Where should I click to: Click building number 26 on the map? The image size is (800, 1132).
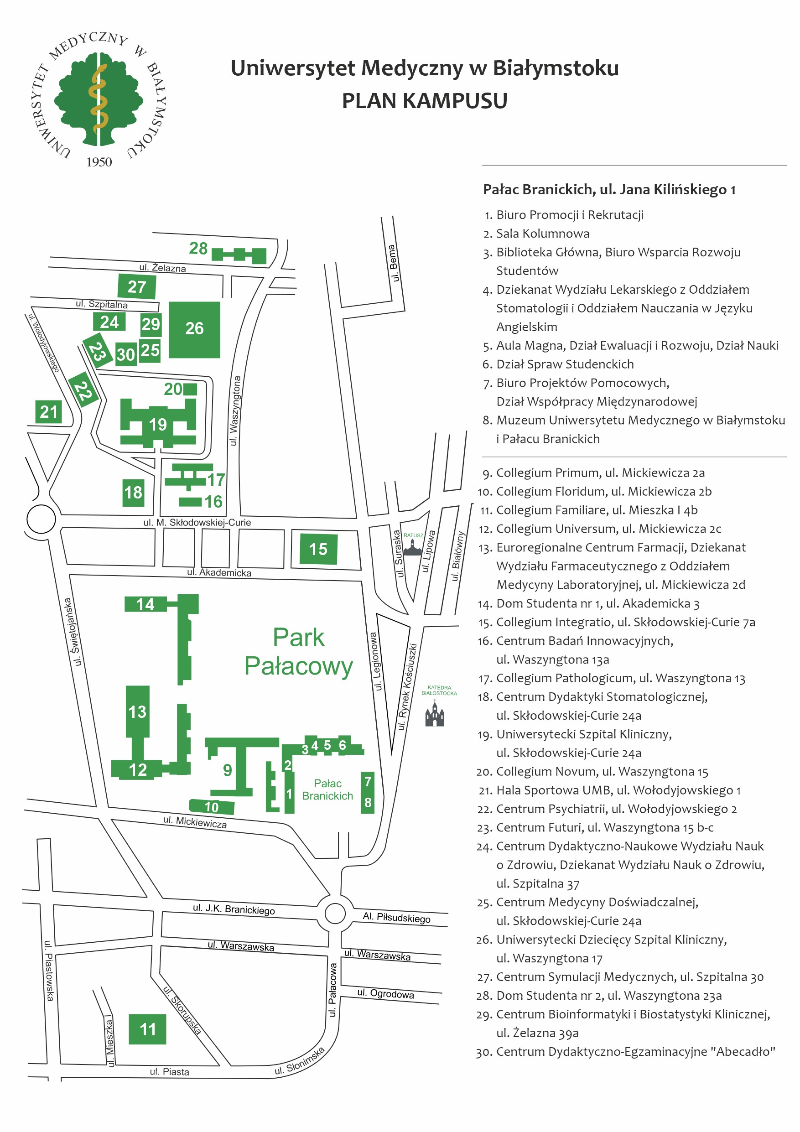coord(194,329)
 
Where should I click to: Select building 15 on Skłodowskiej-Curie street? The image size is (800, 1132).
coord(318,549)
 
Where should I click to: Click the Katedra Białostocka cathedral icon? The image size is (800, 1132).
coord(435,714)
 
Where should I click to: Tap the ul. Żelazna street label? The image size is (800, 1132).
coord(163,268)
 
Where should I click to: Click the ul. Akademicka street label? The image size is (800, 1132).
coord(219,572)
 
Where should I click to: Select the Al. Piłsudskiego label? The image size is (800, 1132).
coord(396,917)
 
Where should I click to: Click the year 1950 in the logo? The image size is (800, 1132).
coord(99,162)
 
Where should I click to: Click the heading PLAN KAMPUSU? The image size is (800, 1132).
coord(424,101)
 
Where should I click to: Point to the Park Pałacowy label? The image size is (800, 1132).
coord(299,651)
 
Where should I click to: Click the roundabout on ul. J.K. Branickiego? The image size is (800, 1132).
coord(335,913)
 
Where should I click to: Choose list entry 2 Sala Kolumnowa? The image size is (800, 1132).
coord(542,234)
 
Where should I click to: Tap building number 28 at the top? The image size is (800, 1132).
coord(239,254)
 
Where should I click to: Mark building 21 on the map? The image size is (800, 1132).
coord(49,412)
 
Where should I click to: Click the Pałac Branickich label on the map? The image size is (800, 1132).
coord(327,789)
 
